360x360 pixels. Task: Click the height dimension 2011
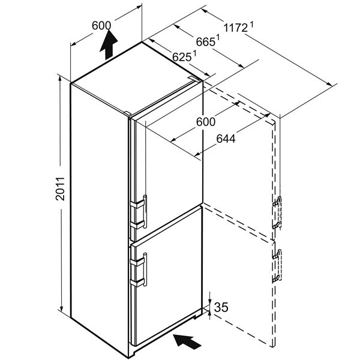60,189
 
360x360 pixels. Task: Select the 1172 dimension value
236,28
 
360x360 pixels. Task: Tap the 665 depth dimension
205,42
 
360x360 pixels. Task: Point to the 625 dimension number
182,57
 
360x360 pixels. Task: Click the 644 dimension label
226,139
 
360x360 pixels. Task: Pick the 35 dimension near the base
221,307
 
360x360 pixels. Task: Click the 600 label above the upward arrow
101,25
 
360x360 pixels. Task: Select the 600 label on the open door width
206,122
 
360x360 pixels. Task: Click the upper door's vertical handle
145,211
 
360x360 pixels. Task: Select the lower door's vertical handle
145,269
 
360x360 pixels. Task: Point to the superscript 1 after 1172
251,24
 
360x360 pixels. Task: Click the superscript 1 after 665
218,37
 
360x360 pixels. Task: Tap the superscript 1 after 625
194,53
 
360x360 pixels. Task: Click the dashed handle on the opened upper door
278,213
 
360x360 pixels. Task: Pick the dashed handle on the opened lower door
278,266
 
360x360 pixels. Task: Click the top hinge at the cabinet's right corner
194,78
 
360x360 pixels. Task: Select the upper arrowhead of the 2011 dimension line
60,79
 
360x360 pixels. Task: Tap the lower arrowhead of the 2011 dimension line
61,308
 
